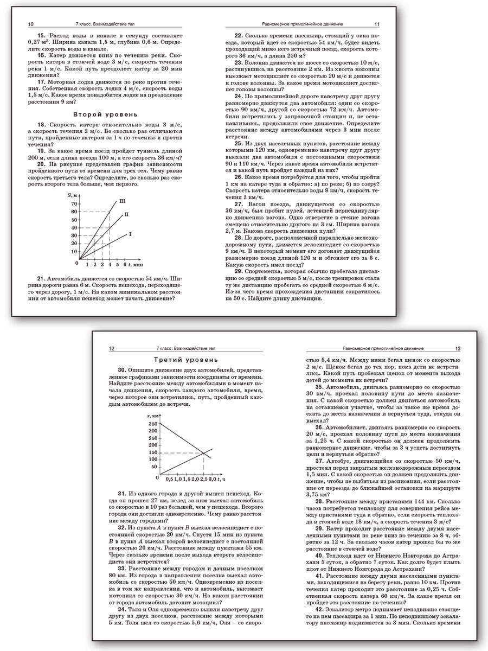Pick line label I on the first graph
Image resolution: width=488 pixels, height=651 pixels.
click(x=130, y=234)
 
